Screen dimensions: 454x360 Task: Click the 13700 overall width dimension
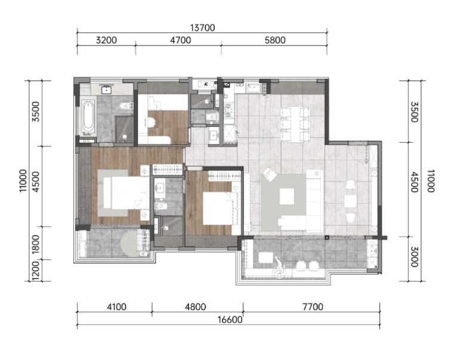(202, 28)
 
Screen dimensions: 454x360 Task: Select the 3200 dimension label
(106, 40)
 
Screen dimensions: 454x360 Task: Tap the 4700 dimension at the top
(180, 40)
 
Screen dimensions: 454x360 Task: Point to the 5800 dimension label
(275, 40)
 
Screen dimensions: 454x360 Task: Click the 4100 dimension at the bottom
(116, 307)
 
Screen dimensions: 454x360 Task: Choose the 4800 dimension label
(196, 307)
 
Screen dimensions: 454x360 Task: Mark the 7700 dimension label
(313, 307)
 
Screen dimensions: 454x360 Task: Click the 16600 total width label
(230, 320)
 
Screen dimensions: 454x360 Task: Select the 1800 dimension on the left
(35, 244)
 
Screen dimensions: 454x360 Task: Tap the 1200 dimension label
(35, 271)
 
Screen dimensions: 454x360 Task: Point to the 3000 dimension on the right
(415, 257)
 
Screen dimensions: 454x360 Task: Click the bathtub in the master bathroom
(88, 117)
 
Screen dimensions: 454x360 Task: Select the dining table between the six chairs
(296, 124)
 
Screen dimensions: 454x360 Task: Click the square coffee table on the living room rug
(287, 196)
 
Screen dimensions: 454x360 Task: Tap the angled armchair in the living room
(270, 174)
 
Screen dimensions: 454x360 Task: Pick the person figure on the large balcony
(279, 268)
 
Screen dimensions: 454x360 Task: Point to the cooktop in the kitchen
(228, 110)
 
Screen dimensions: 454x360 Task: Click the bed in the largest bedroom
(125, 193)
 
